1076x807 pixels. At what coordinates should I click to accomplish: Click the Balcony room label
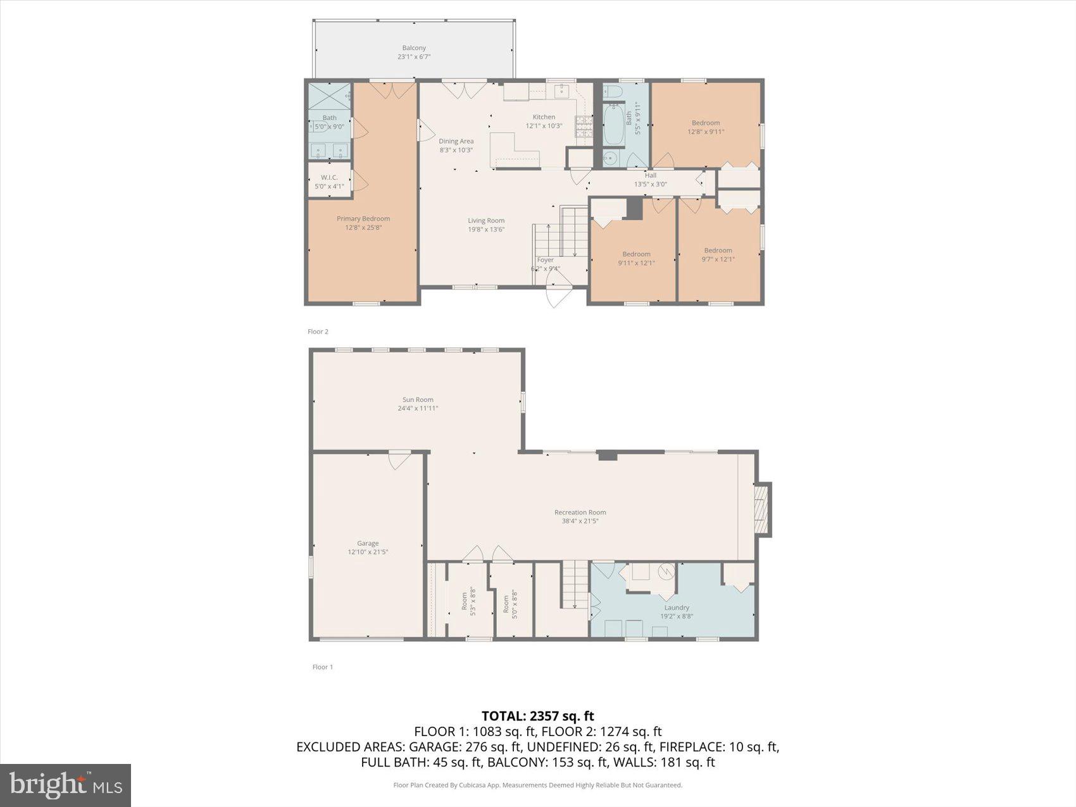(414, 48)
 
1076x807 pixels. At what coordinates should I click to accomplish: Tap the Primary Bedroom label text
(363, 219)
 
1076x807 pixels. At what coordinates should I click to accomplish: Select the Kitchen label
(544, 117)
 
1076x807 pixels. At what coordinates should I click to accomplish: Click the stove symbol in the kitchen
(584, 127)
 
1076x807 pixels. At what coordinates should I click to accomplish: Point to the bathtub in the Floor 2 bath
(613, 125)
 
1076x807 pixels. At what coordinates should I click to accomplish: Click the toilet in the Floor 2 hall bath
(611, 92)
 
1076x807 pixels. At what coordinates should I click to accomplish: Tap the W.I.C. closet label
(329, 178)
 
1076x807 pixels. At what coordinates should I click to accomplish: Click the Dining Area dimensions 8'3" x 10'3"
(456, 151)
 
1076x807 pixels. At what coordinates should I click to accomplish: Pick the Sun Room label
(418, 400)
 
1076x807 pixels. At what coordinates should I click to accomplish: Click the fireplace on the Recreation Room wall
(763, 510)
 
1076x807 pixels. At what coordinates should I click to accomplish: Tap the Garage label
(368, 544)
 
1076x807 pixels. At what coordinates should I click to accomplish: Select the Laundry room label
(677, 608)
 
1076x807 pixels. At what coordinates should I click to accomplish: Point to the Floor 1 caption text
(322, 667)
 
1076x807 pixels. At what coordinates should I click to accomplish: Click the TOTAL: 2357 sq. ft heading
(537, 716)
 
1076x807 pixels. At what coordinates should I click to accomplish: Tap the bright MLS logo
(66, 785)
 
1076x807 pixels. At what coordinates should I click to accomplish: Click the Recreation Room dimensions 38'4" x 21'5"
(580, 522)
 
